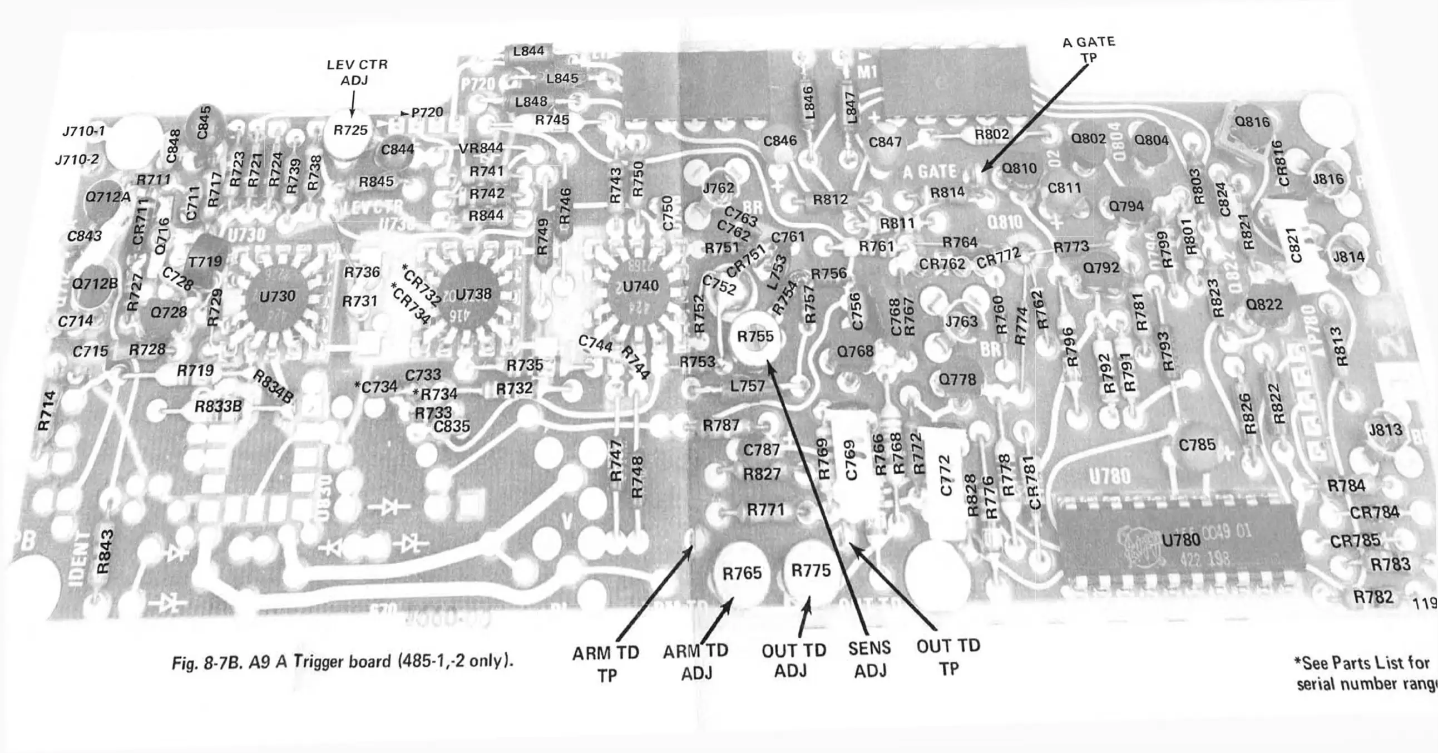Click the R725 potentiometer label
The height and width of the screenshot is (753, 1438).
click(350, 130)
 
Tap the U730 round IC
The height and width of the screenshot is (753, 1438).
click(277, 296)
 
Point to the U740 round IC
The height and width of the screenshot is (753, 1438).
click(640, 287)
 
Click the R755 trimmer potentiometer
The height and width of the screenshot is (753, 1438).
click(755, 336)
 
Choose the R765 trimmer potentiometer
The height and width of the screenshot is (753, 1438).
click(742, 574)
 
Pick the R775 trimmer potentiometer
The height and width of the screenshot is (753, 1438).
click(811, 571)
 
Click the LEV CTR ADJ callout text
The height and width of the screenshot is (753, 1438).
click(357, 72)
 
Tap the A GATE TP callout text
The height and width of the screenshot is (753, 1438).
click(1089, 50)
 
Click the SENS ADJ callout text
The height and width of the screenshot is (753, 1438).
click(869, 659)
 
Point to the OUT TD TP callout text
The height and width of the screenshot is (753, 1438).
click(948, 657)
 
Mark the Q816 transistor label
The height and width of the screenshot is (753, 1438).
click(1252, 122)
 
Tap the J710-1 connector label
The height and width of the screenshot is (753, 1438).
click(84, 132)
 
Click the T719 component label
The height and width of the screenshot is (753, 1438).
click(205, 262)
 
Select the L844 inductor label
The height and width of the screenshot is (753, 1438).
click(528, 51)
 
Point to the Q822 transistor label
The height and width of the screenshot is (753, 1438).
click(1264, 305)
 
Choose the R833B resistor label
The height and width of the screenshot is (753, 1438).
click(218, 407)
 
